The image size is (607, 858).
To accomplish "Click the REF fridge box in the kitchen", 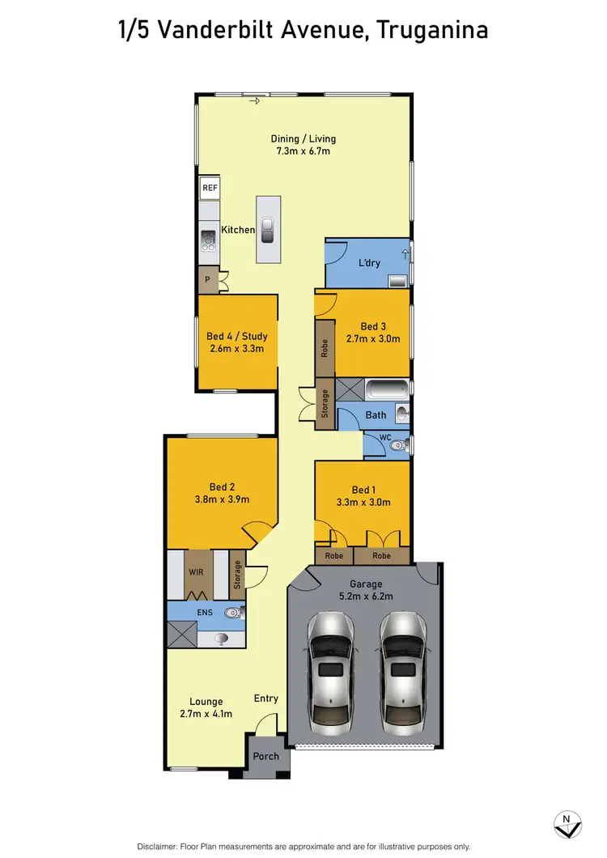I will pyautogui.click(x=210, y=188).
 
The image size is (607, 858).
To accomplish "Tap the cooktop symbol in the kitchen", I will pyautogui.click(x=208, y=239).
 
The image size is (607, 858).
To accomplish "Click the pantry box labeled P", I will pyautogui.click(x=208, y=280).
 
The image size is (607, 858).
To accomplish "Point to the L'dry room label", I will pyautogui.click(x=370, y=263).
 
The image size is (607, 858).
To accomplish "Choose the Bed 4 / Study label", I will pyautogui.click(x=236, y=337).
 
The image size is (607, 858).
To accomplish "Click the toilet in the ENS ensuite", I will pyautogui.click(x=231, y=613).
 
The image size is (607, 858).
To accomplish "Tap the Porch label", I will pyautogui.click(x=265, y=757).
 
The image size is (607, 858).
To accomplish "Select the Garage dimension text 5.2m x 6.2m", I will pyautogui.click(x=365, y=597).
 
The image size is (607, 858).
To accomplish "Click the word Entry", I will pyautogui.click(x=265, y=699).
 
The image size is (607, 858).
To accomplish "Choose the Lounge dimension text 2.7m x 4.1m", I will pyautogui.click(x=206, y=714).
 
